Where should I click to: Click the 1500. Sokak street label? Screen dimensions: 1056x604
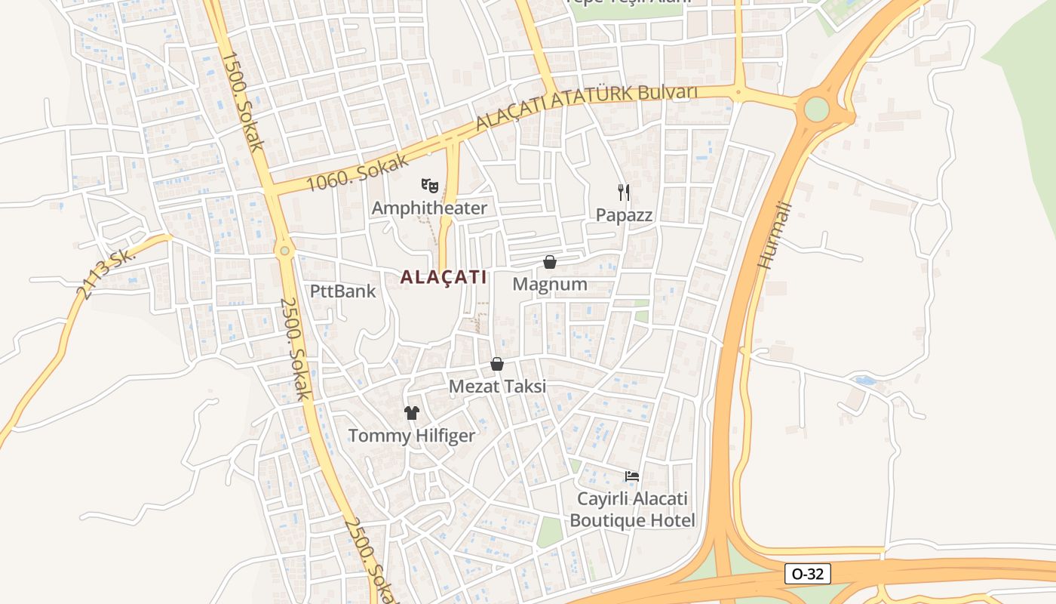243,101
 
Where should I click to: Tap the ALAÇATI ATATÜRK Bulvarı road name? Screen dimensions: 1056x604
586,107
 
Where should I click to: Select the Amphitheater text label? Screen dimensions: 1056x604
429,208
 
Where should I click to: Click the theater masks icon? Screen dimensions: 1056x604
429,184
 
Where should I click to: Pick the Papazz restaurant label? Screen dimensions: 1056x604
624,214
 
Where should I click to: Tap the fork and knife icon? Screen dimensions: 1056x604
623,192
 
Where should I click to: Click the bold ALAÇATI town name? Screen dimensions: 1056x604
443,277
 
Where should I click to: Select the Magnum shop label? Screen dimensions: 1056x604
549,284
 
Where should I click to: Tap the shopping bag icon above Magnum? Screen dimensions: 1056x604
550,262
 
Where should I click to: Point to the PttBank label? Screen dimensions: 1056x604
342,291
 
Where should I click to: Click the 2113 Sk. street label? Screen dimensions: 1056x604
107,273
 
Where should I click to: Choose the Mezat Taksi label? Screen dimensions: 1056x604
497,386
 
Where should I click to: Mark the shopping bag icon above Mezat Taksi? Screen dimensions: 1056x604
497,364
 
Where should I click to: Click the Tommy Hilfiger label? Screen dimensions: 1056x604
411,436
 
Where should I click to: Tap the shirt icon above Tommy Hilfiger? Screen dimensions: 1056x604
411,413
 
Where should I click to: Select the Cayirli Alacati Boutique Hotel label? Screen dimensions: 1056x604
632,510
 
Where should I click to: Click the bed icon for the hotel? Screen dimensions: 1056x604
632,476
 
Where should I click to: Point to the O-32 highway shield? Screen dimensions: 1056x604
807,574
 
